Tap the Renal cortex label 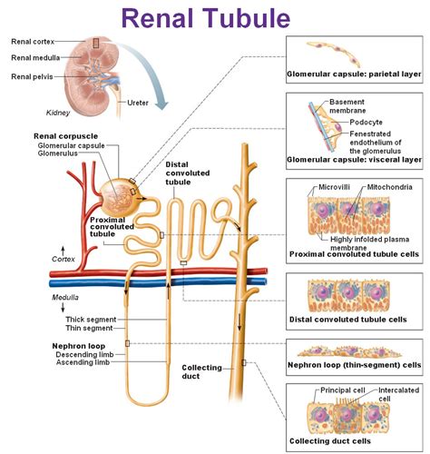pyautogui.click(x=35, y=41)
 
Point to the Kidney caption pyautogui.click(x=58, y=113)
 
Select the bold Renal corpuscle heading pyautogui.click(x=65, y=135)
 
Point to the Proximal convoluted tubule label pyautogui.click(x=115, y=226)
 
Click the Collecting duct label pyautogui.click(x=203, y=372)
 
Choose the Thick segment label pyautogui.click(x=90, y=319)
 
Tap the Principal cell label pyautogui.click(x=342, y=390)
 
